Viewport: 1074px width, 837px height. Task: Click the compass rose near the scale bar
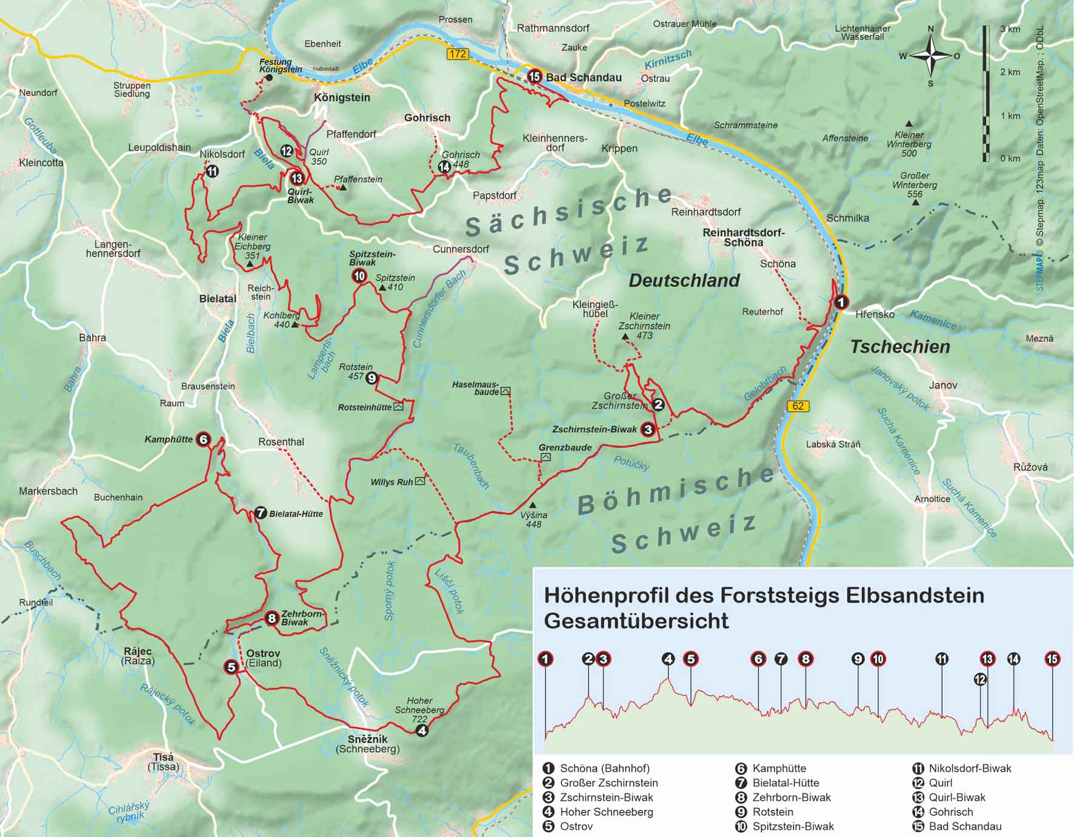pyautogui.click(x=932, y=56)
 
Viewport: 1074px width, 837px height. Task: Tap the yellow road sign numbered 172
pyautogui.click(x=458, y=54)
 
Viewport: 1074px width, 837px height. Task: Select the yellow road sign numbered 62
pyautogui.click(x=798, y=406)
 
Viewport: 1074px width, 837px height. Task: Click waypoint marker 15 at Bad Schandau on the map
pyautogui.click(x=534, y=76)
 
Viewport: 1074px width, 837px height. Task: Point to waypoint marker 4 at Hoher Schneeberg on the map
pyautogui.click(x=421, y=730)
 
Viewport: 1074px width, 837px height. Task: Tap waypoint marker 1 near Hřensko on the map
pyautogui.click(x=841, y=302)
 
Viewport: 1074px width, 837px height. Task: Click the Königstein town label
pyautogui.click(x=342, y=98)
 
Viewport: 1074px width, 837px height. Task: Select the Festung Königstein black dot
pyautogui.click(x=270, y=78)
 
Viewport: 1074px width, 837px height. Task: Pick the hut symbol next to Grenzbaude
pyautogui.click(x=545, y=457)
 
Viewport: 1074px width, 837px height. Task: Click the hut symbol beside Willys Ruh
pyautogui.click(x=420, y=481)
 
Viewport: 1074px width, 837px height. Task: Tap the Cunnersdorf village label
pyautogui.click(x=461, y=249)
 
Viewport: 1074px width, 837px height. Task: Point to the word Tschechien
pyautogui.click(x=900, y=347)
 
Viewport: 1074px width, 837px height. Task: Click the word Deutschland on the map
pyautogui.click(x=684, y=281)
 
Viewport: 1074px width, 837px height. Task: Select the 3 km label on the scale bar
pyautogui.click(x=1010, y=29)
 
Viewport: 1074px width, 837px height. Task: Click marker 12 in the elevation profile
pyautogui.click(x=980, y=679)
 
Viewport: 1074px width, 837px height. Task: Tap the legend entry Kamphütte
pyautogui.click(x=779, y=769)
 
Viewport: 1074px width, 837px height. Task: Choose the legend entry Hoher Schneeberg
pyautogui.click(x=606, y=812)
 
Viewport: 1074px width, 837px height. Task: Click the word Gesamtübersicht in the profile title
pyautogui.click(x=636, y=621)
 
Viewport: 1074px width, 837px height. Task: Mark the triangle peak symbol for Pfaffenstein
pyautogui.click(x=343, y=188)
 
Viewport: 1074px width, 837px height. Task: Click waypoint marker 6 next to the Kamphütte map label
pyautogui.click(x=203, y=439)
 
